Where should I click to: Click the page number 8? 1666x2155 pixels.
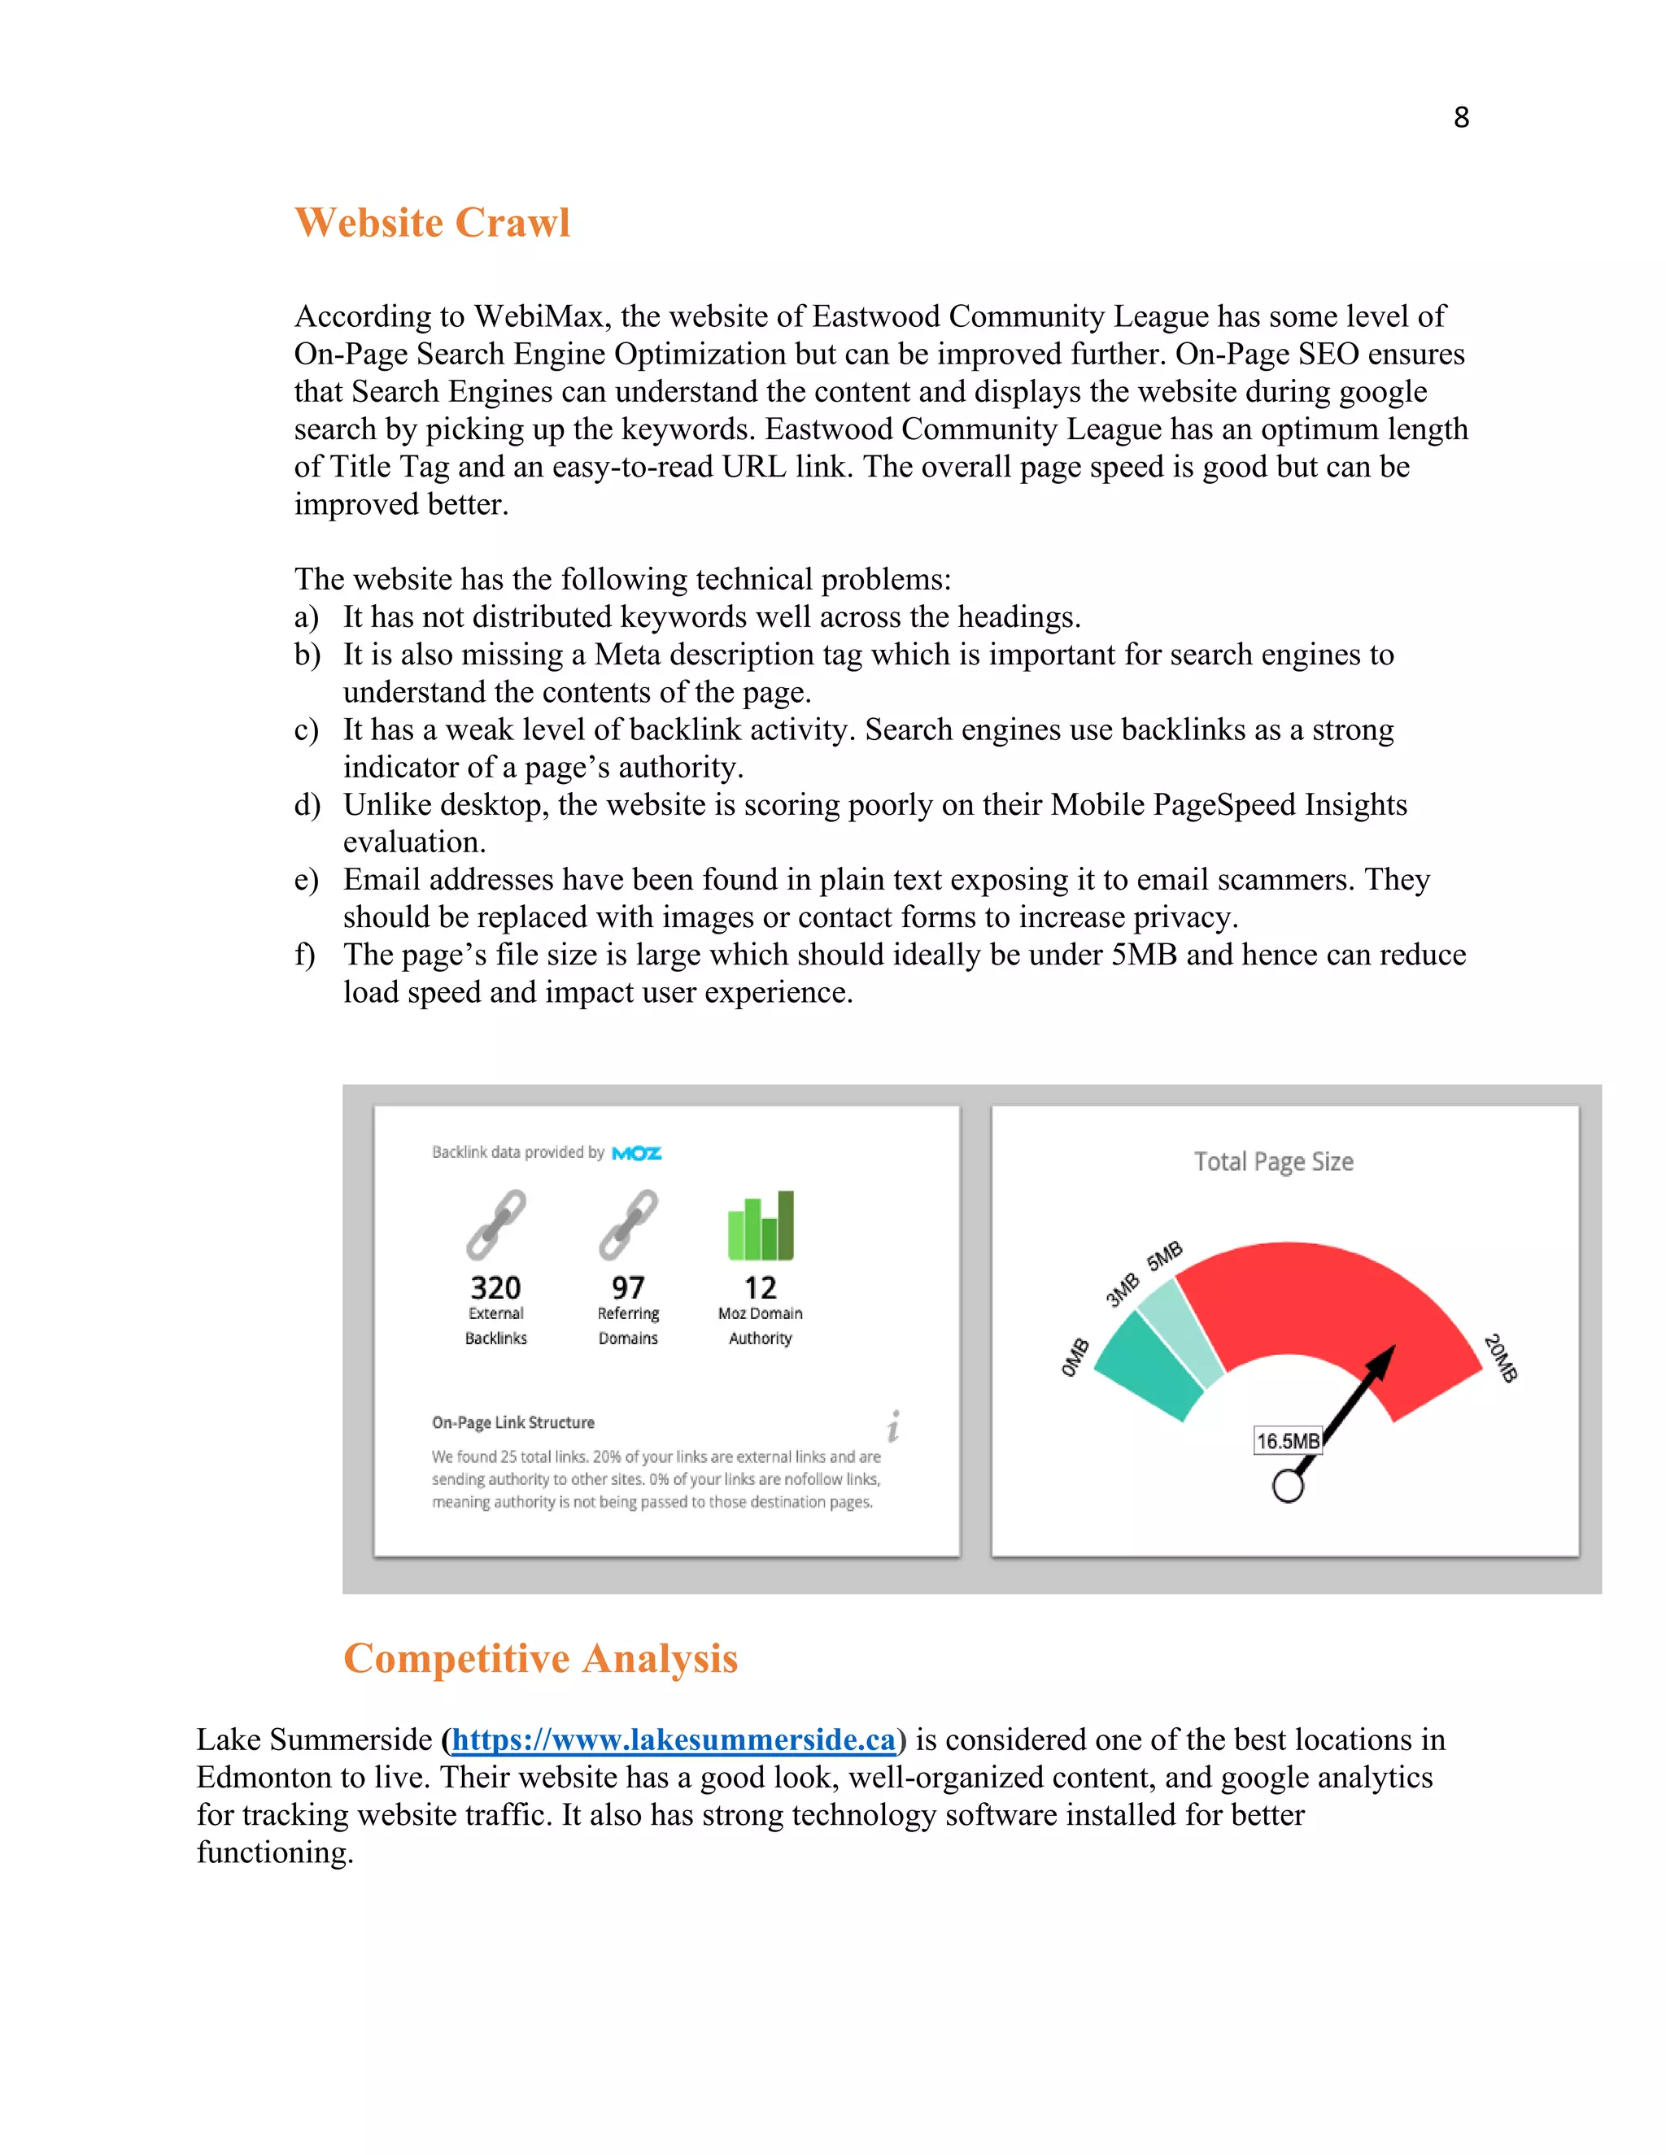[1461, 117]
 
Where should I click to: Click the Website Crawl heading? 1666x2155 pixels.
[432, 223]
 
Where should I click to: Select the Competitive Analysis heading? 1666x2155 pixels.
[540, 1659]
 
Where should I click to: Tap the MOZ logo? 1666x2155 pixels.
[637, 1152]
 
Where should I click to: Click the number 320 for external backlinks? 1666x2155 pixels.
[495, 1287]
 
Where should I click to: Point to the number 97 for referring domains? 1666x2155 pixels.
[628, 1287]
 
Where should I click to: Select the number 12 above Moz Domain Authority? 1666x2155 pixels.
[760, 1287]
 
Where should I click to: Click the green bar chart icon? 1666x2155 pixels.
[760, 1226]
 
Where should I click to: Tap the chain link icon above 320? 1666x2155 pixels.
[495, 1225]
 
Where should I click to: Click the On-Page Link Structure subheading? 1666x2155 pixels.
[513, 1423]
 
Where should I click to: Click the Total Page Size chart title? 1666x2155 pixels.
[1273, 1162]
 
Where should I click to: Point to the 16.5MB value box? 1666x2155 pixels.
[1287, 1442]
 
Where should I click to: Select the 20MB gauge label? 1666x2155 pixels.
[1500, 1359]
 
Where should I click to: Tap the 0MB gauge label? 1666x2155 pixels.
[1075, 1358]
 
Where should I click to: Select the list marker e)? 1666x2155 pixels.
[306, 880]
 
